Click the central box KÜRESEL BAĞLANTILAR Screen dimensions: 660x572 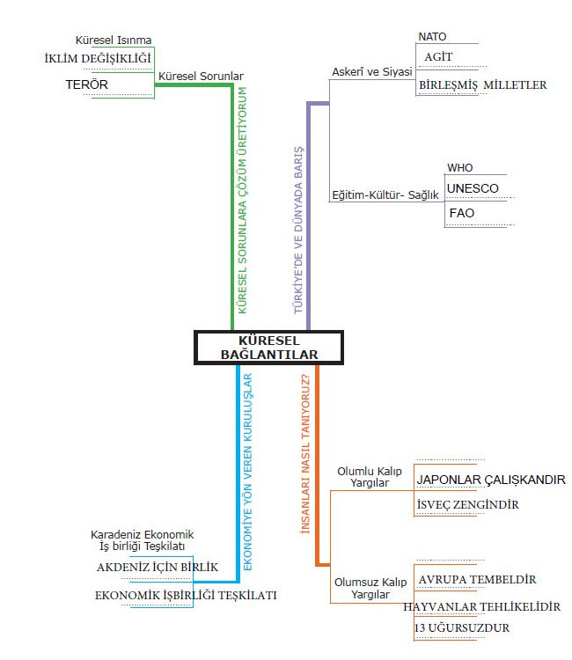pos(268,347)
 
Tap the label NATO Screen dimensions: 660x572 pos(432,37)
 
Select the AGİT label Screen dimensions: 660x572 pos(438,56)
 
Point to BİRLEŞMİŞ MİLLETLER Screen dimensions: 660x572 pos(482,85)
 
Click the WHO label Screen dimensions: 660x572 pos(459,167)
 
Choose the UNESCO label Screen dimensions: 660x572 pos(473,188)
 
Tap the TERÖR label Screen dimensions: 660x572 pos(86,84)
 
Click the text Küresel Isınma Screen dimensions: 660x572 pos(114,40)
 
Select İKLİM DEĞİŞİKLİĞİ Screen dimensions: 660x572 pos(98,58)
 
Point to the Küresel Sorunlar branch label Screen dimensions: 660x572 pos(200,77)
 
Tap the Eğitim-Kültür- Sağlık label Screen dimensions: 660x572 pos(385,195)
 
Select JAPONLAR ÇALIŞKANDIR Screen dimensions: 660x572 pos(491,480)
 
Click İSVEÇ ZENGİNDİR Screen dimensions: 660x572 pos(467,504)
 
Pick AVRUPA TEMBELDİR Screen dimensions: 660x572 pos(477,579)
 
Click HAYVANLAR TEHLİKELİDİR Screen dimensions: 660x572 pos(481,607)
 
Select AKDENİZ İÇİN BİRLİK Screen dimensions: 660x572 pos(157,567)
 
